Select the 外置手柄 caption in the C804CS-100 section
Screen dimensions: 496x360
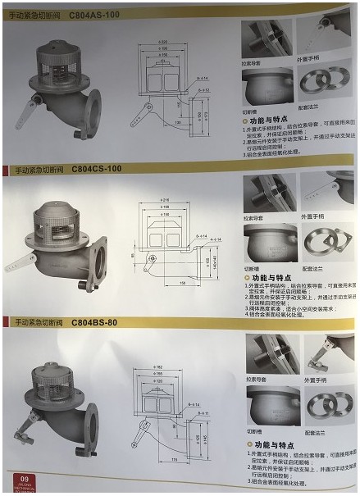click(x=315, y=217)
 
